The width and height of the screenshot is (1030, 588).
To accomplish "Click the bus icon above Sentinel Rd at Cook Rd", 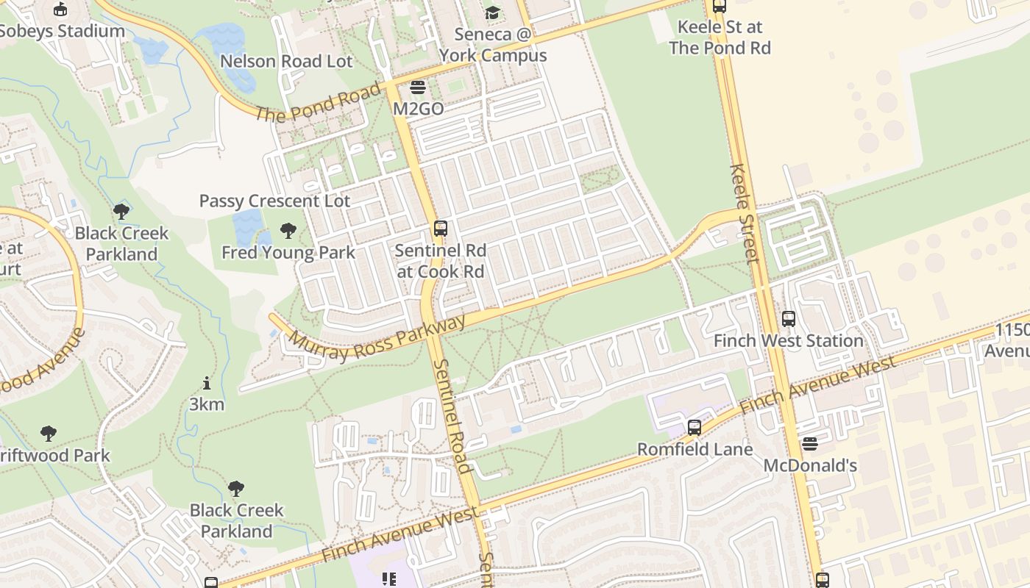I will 440,228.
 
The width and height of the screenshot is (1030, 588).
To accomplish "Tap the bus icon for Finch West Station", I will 789,319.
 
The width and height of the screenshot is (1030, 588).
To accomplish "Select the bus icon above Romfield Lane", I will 694,427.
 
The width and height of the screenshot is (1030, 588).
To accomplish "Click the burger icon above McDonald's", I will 809,443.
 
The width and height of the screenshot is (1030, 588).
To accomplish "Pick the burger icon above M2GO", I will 418,87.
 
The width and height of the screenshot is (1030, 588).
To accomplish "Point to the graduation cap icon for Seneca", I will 491,12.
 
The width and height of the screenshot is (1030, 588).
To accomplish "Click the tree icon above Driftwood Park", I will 49,434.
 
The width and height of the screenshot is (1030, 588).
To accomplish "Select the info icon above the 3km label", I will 207,383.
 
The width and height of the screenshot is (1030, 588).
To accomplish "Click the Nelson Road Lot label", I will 286,61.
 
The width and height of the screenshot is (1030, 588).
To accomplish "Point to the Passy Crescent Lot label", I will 274,201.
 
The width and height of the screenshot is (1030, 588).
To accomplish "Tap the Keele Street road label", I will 743,213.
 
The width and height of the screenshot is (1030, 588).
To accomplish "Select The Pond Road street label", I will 319,102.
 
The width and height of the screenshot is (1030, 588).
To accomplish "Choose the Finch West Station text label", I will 788,341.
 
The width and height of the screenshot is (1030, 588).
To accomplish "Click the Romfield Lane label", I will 695,449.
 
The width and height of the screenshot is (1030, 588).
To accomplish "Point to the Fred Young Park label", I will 288,253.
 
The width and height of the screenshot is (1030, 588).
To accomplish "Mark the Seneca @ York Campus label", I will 493,45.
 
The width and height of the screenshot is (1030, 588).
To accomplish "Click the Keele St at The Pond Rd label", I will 720,37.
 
